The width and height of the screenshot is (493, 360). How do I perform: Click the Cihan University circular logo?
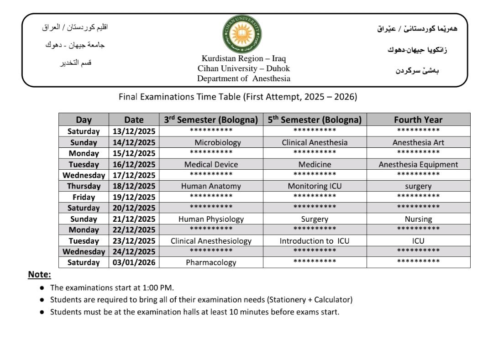[x=242, y=34]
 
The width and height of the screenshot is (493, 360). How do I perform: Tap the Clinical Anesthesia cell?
[x=315, y=142]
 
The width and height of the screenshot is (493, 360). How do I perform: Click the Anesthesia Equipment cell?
[x=418, y=164]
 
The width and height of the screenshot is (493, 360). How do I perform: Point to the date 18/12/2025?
[x=134, y=186]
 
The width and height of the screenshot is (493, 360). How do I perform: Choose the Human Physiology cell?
[x=211, y=219]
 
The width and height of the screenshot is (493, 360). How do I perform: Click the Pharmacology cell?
[x=211, y=262]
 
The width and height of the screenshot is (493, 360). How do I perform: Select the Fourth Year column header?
[x=418, y=120]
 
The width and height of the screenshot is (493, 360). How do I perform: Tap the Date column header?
[x=134, y=120]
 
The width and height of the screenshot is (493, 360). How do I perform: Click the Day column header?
[x=84, y=120]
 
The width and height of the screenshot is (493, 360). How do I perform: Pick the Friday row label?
[x=84, y=197]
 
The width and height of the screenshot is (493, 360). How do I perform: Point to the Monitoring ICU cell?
[x=315, y=186]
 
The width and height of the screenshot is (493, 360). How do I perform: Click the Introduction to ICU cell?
[x=315, y=241]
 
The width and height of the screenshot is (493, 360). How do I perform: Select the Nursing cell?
[x=418, y=219]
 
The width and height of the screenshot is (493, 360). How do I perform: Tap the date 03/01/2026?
[x=134, y=262]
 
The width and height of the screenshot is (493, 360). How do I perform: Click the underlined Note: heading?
[x=40, y=274]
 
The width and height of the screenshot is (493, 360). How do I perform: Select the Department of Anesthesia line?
[x=243, y=78]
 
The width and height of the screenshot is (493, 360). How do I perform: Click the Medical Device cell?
[x=211, y=164]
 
